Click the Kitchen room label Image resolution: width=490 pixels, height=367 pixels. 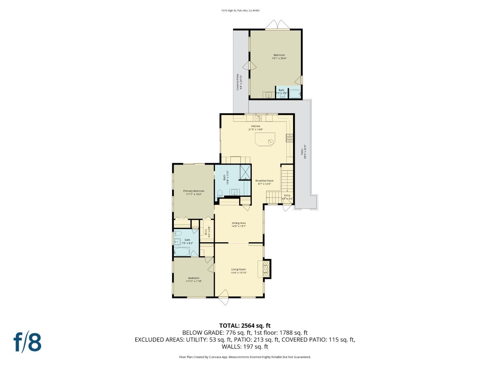pyautogui.click(x=256, y=126)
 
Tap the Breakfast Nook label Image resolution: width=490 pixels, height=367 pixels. pyautogui.click(x=264, y=181)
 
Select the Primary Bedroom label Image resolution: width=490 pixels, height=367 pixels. pyautogui.click(x=194, y=191)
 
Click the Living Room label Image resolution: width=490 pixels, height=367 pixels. pyautogui.click(x=239, y=269)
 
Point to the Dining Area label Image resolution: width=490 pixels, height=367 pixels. pyautogui.click(x=239, y=223)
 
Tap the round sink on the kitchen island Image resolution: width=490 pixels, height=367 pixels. pyautogui.click(x=271, y=142)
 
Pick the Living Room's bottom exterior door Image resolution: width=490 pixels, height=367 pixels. pyautogui.click(x=224, y=298)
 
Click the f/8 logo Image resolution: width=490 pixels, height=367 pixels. pyautogui.click(x=28, y=342)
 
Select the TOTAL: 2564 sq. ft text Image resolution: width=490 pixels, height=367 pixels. pyautogui.click(x=245, y=326)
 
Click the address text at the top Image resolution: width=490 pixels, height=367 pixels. pyautogui.click(x=240, y=11)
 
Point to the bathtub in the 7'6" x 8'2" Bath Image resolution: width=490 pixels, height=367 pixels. pyautogui.click(x=182, y=252)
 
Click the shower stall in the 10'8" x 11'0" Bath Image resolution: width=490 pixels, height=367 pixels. pyautogui.click(x=245, y=172)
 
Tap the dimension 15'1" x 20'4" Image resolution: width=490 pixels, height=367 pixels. pyautogui.click(x=279, y=58)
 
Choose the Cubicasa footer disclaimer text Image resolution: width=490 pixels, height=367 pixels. pyautogui.click(x=245, y=357)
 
